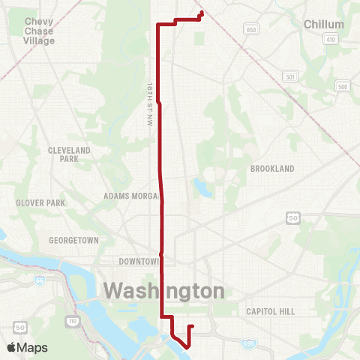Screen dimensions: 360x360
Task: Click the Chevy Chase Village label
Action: click(39, 31)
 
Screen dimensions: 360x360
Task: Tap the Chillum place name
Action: click(324, 25)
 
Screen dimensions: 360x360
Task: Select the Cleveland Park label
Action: click(69, 154)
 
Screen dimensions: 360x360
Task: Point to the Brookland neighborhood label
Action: click(272, 169)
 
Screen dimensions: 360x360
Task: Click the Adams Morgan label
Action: click(132, 196)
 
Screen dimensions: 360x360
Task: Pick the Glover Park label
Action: click(40, 202)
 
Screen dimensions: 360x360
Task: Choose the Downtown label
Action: click(139, 262)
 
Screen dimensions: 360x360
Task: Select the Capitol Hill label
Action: click(271, 310)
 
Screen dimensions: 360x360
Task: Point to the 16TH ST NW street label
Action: click(150, 106)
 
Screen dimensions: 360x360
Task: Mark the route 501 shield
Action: click(291, 76)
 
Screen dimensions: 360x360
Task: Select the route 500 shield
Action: click(343, 87)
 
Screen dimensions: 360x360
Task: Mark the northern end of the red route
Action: click(202, 11)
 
